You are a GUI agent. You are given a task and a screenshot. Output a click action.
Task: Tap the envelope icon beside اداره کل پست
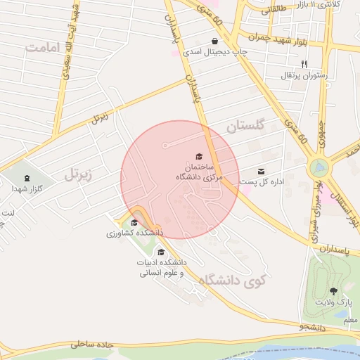tap(262, 171)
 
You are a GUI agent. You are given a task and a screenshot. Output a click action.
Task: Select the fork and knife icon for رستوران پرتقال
tap(304, 64)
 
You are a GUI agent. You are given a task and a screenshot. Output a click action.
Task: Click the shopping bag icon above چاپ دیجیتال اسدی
tap(215, 41)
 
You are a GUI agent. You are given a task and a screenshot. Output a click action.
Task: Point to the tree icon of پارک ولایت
tap(333, 290)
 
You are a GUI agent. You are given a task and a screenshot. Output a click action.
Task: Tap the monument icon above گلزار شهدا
tap(27, 178)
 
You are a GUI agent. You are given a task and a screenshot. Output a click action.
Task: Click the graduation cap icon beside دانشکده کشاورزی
tap(134, 223)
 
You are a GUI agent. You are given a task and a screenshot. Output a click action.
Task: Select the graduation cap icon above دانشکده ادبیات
tap(161, 252)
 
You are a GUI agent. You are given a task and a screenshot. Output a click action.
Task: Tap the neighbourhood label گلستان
tap(245, 127)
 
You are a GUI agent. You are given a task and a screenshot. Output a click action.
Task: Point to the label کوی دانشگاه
tap(233, 281)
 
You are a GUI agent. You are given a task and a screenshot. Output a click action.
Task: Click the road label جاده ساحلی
tap(92, 345)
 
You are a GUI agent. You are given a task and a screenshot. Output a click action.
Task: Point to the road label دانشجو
tap(313, 328)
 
